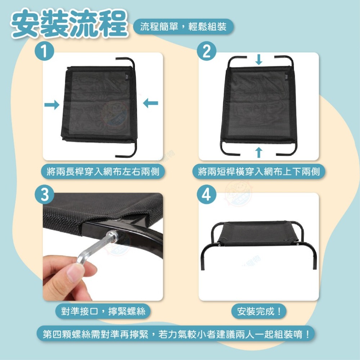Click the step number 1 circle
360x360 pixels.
click(x=45, y=51)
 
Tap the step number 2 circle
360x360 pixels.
click(x=207, y=51)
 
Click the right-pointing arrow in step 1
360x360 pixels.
click(x=52, y=105)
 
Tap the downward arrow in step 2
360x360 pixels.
click(x=259, y=60)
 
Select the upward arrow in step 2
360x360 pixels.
click(x=259, y=152)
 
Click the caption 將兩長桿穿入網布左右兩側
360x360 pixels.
click(x=103, y=171)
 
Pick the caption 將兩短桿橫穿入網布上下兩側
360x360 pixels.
click(x=259, y=171)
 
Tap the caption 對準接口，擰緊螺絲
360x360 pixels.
click(x=103, y=311)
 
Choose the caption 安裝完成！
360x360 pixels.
click(x=259, y=311)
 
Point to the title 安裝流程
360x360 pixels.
click(x=69, y=24)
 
